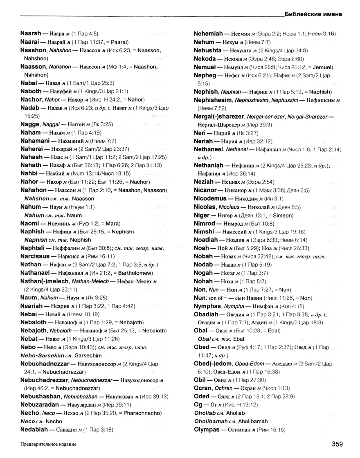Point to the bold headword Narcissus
36,256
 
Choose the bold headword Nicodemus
211,198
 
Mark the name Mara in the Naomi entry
112,224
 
